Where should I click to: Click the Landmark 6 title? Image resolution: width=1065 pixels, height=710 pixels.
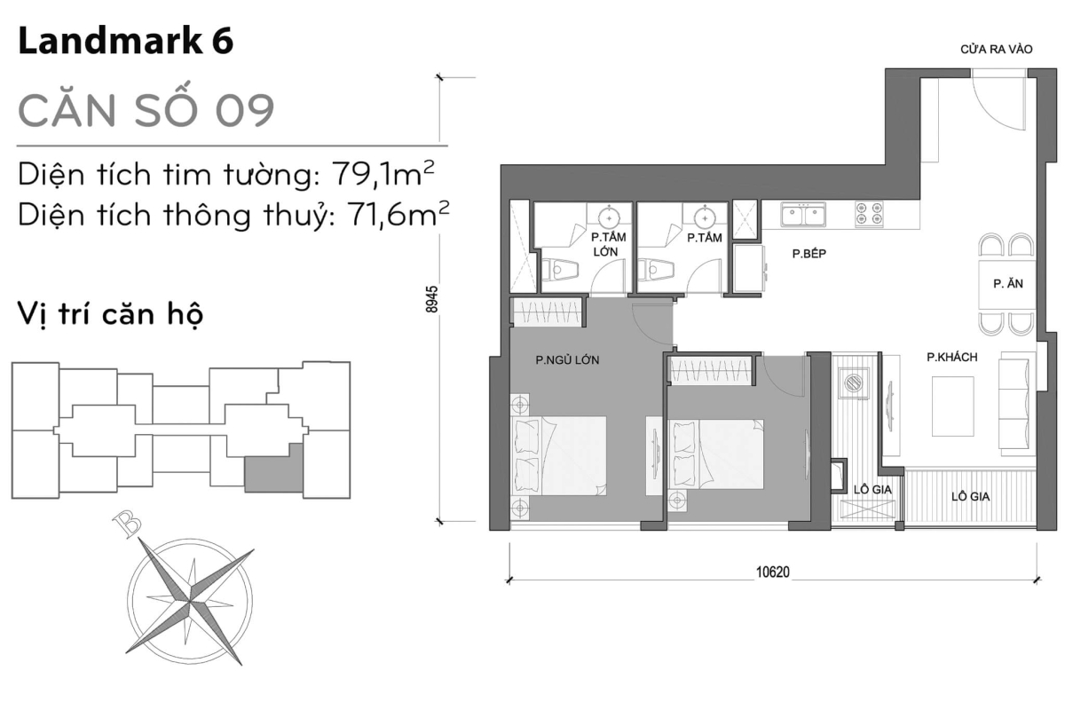click(125, 43)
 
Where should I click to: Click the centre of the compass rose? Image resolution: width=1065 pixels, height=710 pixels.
click(189, 603)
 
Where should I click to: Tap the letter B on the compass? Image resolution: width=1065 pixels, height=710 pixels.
click(128, 525)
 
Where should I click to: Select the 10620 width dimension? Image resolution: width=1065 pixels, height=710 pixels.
click(773, 572)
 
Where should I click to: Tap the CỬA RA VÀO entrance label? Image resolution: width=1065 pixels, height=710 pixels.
click(996, 50)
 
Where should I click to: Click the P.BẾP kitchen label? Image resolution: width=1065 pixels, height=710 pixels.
click(809, 253)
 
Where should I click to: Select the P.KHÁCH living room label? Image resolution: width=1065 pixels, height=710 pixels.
click(951, 357)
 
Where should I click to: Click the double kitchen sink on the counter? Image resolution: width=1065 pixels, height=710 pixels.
click(802, 214)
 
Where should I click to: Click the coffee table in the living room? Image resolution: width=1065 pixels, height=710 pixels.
click(952, 406)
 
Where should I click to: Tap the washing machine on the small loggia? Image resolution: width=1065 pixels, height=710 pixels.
click(854, 383)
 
